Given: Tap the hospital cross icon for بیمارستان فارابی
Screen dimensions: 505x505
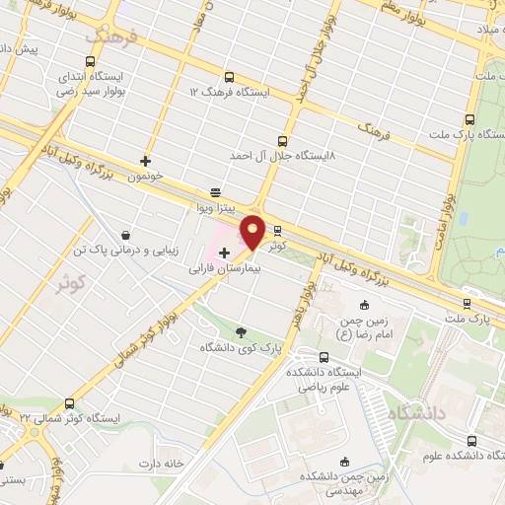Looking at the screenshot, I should click(224, 253).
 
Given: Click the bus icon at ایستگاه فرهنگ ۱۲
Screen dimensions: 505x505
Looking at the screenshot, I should click(230, 77).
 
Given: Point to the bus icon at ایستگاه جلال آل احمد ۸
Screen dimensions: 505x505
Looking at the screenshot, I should click(284, 141).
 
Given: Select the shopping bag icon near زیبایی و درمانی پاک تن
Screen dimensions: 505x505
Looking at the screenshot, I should click(126, 235).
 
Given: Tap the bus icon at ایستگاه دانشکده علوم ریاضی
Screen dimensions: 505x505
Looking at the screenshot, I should click(325, 357).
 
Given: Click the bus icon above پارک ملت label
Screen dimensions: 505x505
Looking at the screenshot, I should click(467, 304).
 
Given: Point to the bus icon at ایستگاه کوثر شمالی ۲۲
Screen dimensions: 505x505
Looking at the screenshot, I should click(69, 403).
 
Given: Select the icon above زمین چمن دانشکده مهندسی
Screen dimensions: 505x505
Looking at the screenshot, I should click(344, 461).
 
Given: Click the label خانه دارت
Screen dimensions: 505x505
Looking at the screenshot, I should click(163, 463).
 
